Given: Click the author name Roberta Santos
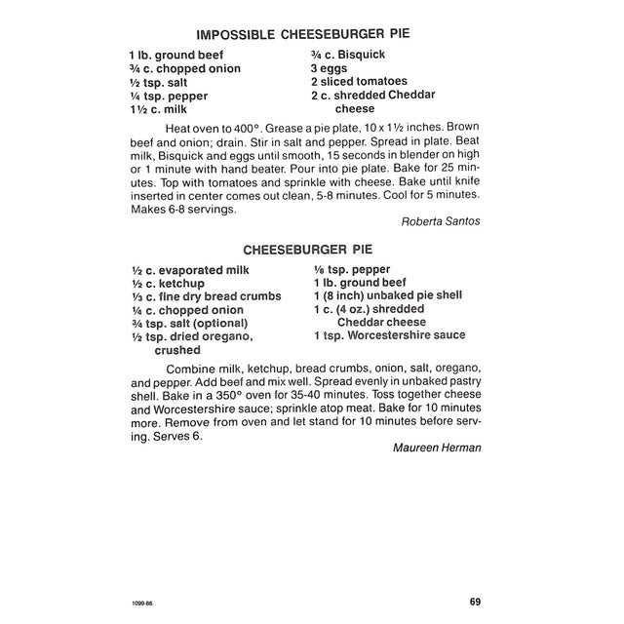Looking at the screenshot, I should [x=440, y=221].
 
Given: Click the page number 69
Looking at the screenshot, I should [x=474, y=602].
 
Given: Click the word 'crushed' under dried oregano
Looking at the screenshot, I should [x=176, y=350].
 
